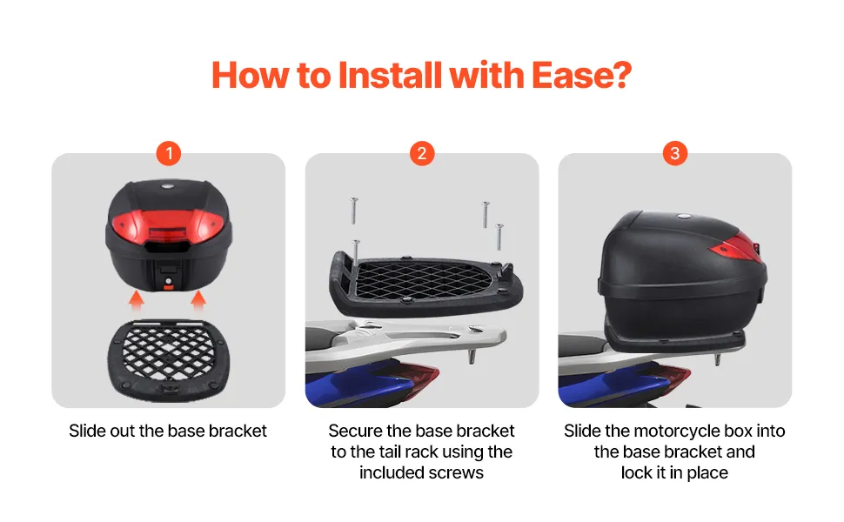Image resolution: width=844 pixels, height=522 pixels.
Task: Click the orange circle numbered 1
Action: [169, 153]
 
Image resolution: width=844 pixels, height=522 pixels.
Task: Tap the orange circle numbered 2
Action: [422, 153]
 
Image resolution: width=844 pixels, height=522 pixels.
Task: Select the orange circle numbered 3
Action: [675, 153]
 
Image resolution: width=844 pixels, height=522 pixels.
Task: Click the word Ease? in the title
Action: [581, 75]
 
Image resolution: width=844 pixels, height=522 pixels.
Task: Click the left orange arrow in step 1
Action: [137, 300]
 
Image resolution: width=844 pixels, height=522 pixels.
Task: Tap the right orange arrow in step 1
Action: [198, 300]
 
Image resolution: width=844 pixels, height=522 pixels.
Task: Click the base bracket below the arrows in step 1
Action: [169, 360]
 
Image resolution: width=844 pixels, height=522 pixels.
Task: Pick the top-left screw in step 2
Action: [353, 211]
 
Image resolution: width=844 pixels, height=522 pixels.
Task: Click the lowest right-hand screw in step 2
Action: [499, 237]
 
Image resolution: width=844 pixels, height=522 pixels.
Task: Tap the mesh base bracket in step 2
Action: [425, 283]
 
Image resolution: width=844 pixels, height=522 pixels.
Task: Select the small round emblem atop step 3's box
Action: [684, 217]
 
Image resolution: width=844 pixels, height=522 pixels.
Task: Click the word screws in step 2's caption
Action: [458, 473]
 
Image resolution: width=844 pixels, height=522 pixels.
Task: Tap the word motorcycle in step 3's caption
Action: [677, 431]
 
